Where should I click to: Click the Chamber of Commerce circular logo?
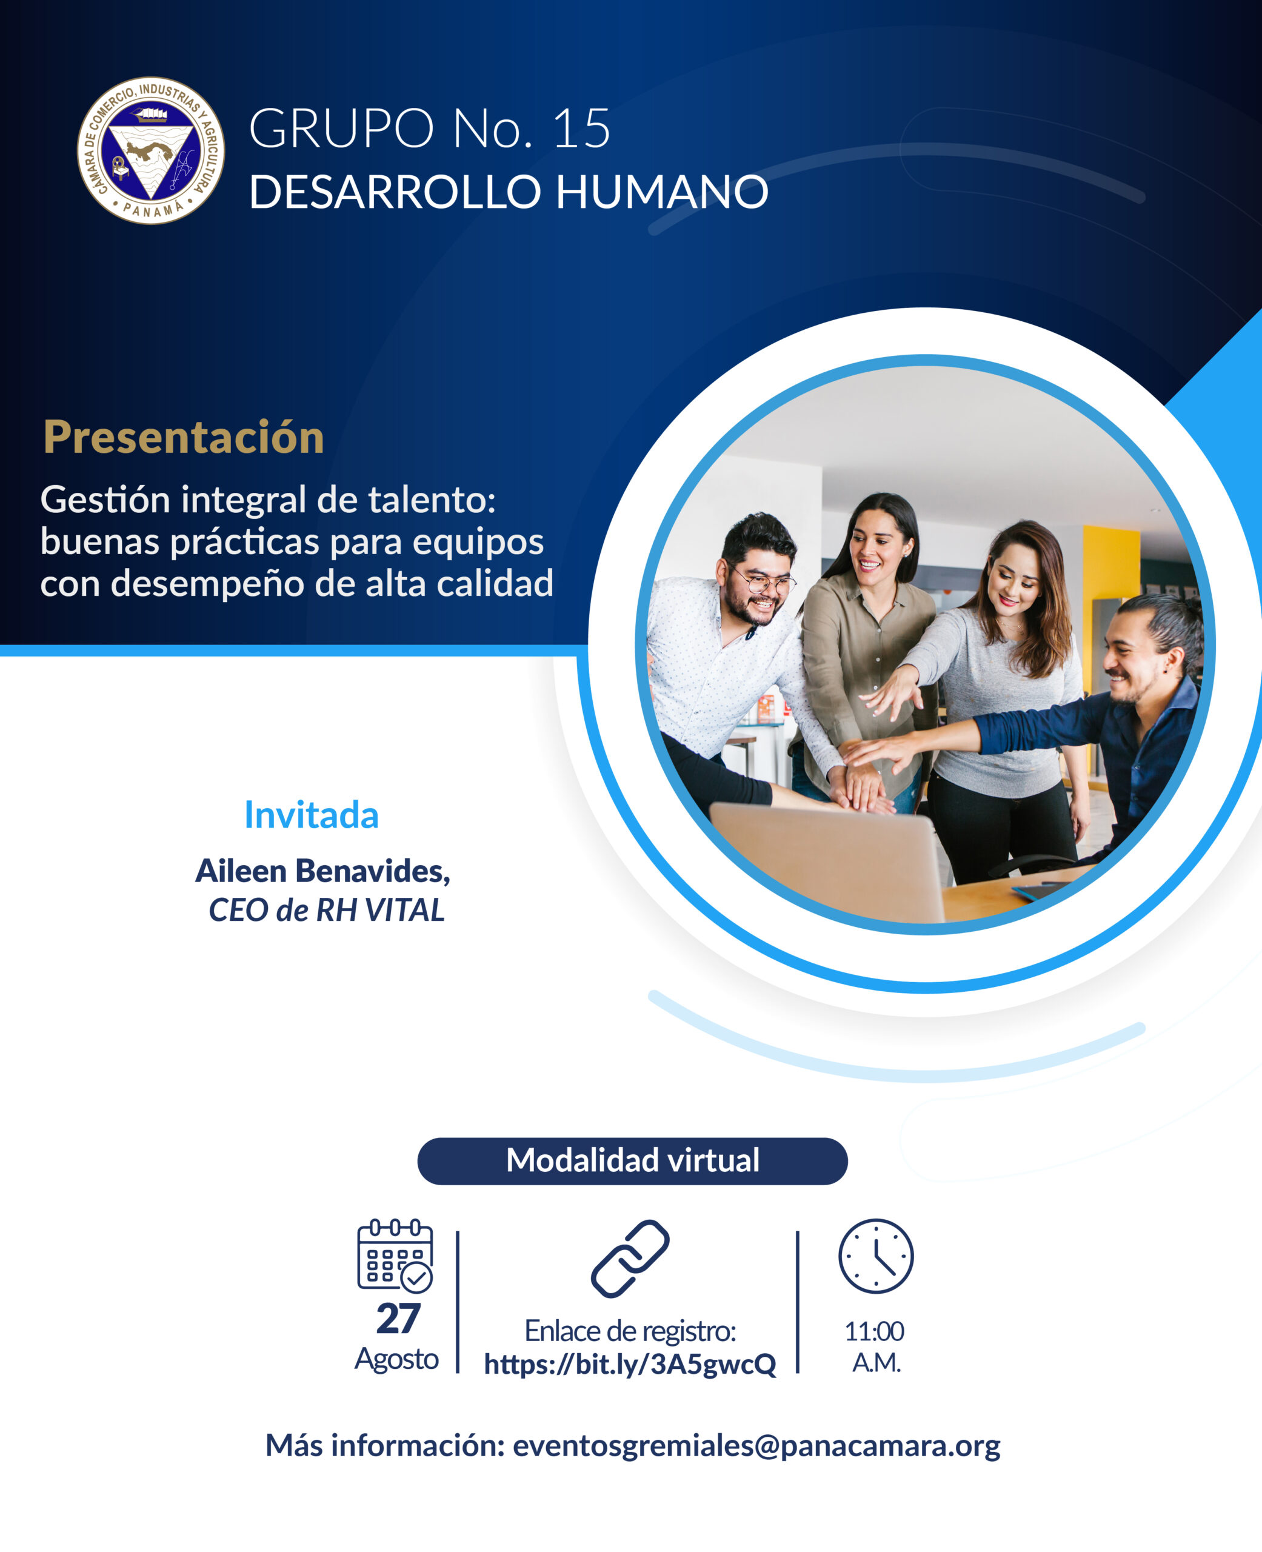coord(151,150)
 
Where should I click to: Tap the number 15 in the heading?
coord(581,129)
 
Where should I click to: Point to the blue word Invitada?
coord(311,815)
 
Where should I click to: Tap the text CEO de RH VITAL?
coord(326,910)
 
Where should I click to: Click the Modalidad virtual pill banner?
coord(632,1161)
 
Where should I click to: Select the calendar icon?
coord(395,1256)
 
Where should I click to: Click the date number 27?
coord(398,1319)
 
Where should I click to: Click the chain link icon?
coord(630,1259)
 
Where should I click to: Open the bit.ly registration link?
coord(630,1365)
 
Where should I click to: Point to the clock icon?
coord(876,1256)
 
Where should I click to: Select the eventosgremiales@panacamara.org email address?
coord(756,1446)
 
